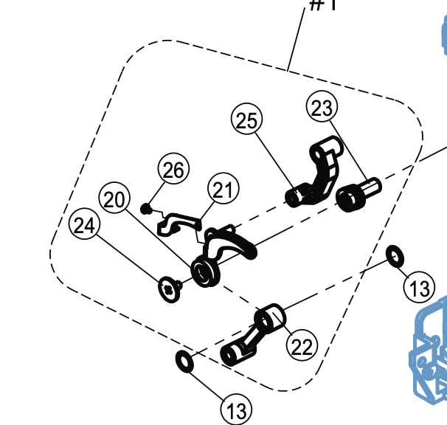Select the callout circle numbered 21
(223, 190)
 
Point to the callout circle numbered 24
(85, 227)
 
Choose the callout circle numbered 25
(247, 120)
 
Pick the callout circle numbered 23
(322, 108)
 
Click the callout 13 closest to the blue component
(420, 287)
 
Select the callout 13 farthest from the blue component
(236, 409)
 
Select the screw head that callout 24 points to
(171, 287)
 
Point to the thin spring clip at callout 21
(179, 221)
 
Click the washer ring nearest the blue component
(395, 256)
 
